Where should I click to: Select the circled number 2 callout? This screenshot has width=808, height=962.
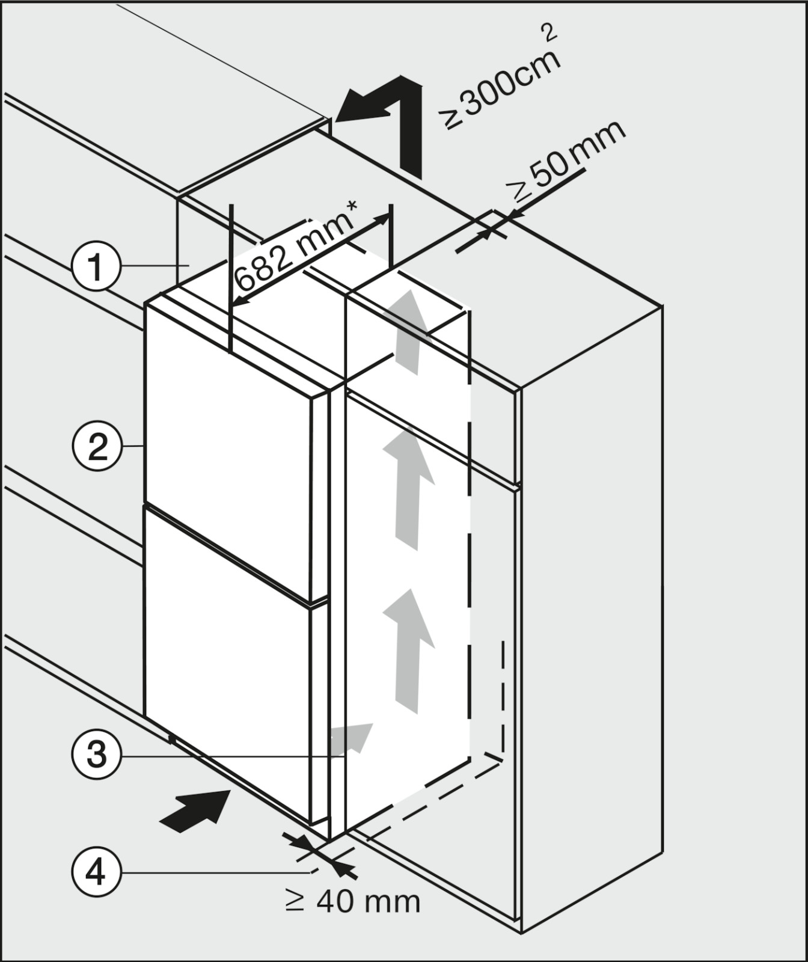(96, 447)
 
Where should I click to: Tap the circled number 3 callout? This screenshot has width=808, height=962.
(96, 754)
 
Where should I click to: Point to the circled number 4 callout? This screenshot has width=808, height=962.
(96, 872)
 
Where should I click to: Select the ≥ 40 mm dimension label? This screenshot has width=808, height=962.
(352, 901)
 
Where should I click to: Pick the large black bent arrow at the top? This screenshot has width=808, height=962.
(385, 120)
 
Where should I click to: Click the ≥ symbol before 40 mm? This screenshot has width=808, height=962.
(295, 901)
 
